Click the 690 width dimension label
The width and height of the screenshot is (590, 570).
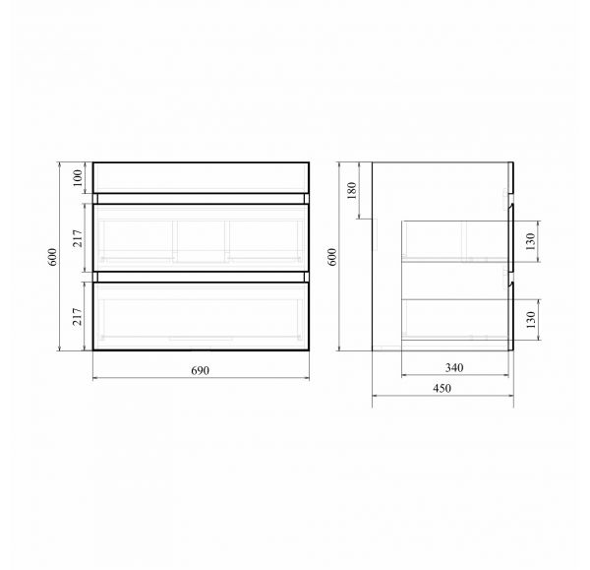[x=201, y=371]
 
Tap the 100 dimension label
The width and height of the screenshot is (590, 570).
[x=77, y=178]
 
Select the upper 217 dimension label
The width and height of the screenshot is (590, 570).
[x=77, y=238]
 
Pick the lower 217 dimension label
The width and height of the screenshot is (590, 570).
[x=77, y=316]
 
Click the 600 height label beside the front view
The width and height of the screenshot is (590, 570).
[x=52, y=257]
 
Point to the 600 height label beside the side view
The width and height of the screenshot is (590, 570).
[x=332, y=257]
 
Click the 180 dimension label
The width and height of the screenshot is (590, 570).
[x=352, y=191]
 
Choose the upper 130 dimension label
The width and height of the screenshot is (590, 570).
[x=531, y=241]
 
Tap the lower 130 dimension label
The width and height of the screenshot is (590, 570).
[x=531, y=320]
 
